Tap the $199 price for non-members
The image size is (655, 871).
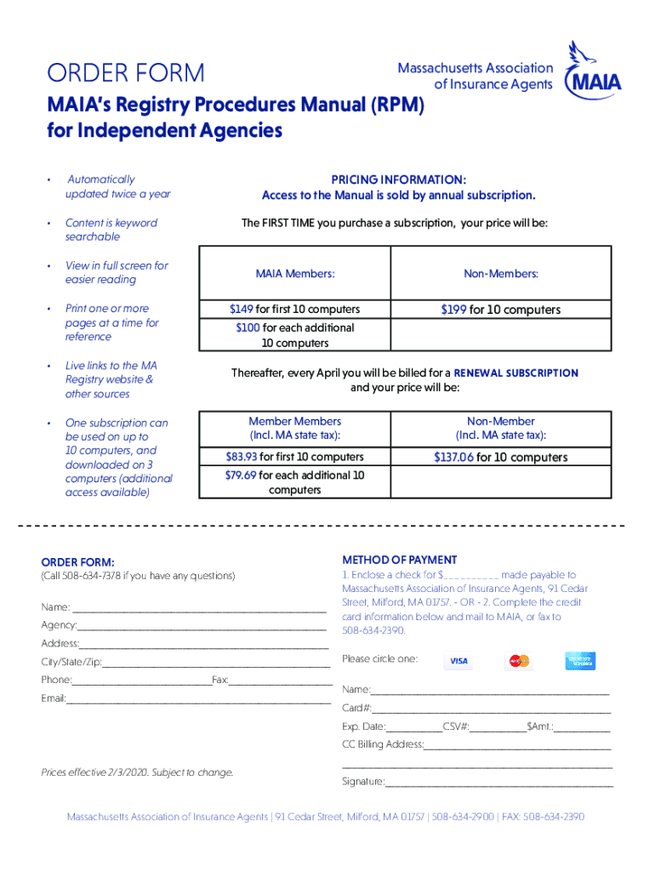point(453,310)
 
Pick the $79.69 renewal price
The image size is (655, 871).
point(241,475)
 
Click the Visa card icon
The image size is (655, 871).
point(458,662)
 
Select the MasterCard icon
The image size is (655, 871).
point(518,662)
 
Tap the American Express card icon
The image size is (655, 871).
point(580,661)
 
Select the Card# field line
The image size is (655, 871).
point(491,709)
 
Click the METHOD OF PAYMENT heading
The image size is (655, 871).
point(399,560)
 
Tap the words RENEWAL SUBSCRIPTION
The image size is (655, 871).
point(516,373)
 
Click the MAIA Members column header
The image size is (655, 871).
point(294,274)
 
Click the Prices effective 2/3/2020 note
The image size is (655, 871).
point(137,772)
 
